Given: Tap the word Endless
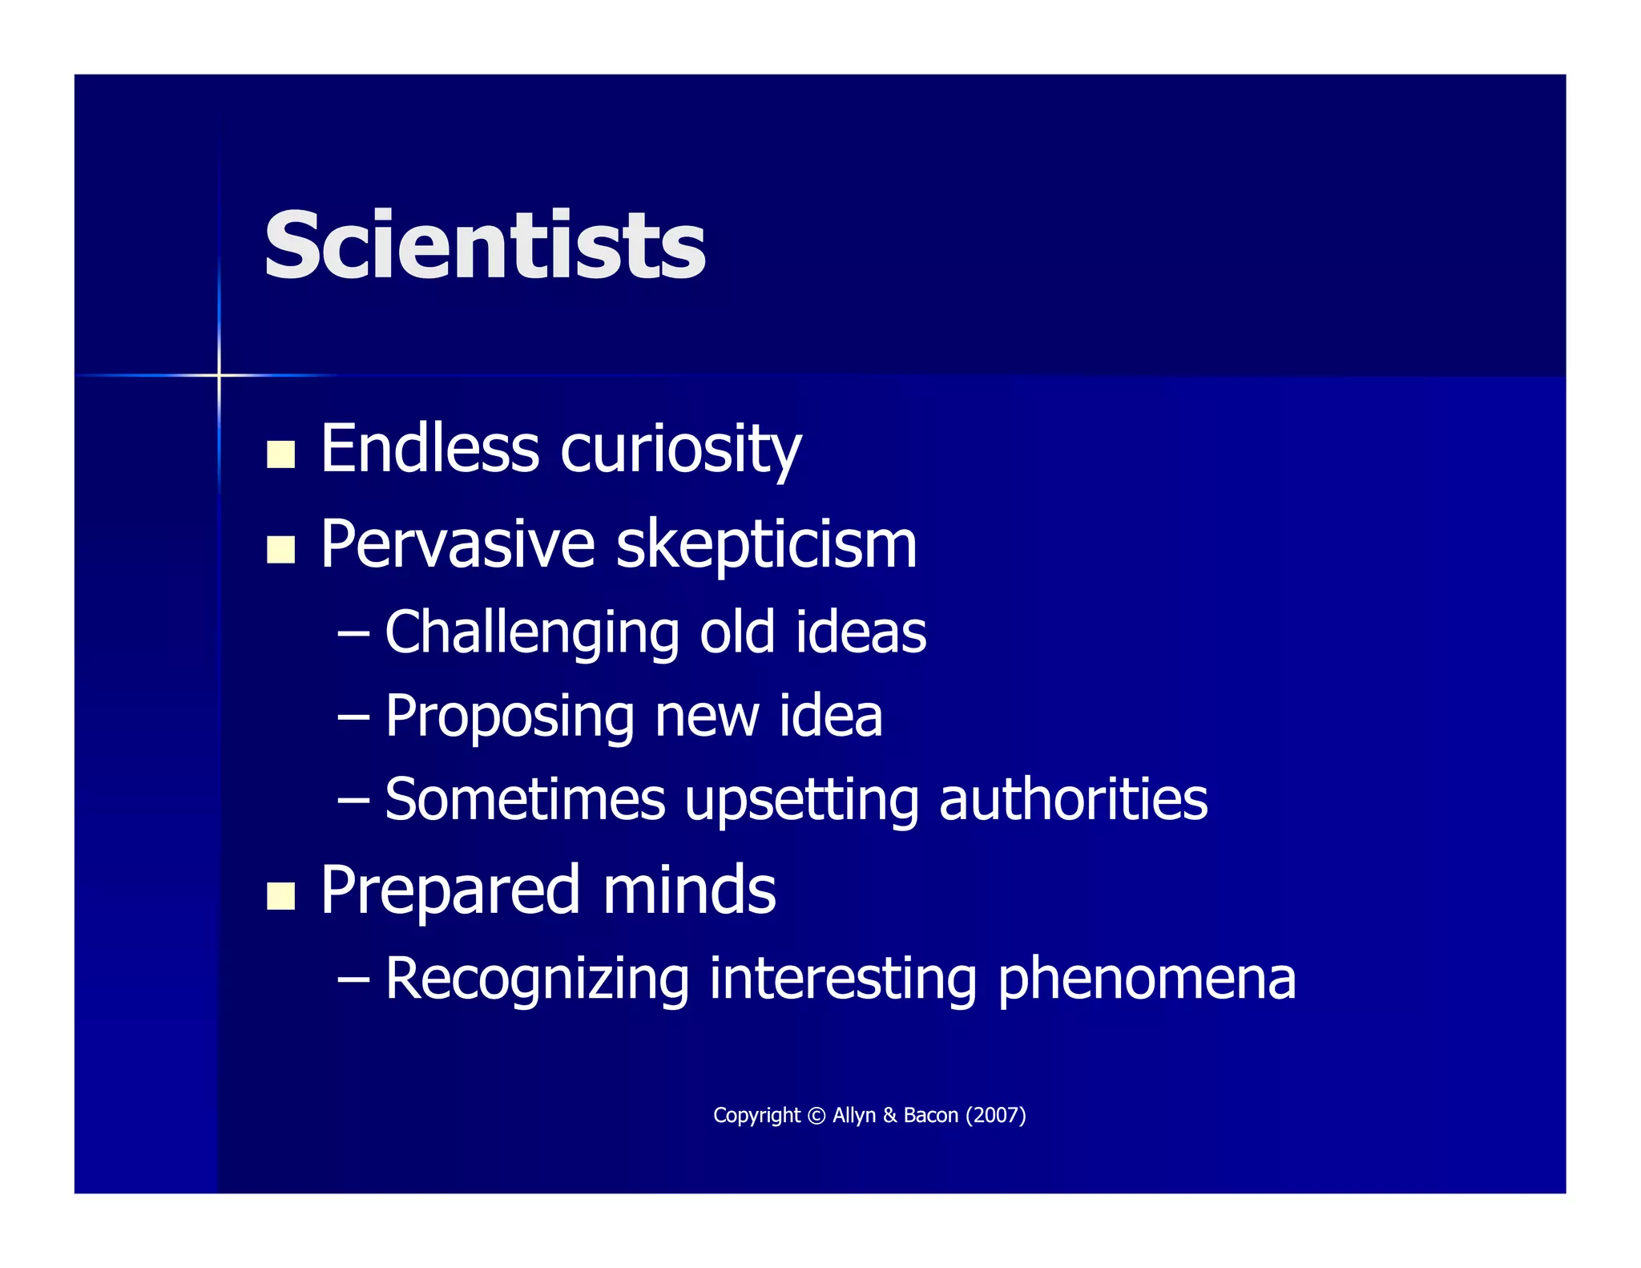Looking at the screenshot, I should tap(429, 449).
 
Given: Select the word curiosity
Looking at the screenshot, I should tap(681, 450).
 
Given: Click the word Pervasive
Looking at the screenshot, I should tap(458, 545).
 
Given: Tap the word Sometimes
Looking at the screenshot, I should tap(526, 799).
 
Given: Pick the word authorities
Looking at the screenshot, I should tap(1073, 799).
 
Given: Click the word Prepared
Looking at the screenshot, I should tap(450, 891).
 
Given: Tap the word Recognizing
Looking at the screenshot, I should tap(537, 979).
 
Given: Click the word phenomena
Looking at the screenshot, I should tap(1147, 979).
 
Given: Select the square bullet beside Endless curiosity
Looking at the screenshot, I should tap(280, 454).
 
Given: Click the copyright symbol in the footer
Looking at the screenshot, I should tap(816, 1116).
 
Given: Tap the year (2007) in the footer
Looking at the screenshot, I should tap(996, 1116).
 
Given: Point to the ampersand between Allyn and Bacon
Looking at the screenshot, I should tap(890, 1116).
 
